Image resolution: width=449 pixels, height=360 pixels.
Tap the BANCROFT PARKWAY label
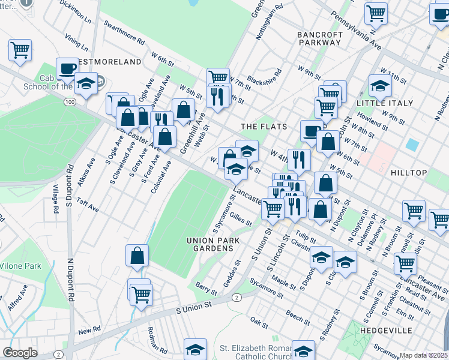pyautogui.click(x=320, y=39)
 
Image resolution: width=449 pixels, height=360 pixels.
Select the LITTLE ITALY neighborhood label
pyautogui.click(x=385, y=103)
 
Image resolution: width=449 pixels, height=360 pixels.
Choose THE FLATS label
pyautogui.click(x=264, y=127)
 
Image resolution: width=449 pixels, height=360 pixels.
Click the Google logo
pyautogui.click(x=20, y=353)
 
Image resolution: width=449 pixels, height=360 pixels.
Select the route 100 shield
pyautogui.click(x=71, y=103)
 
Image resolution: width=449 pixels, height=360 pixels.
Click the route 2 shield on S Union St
pyautogui.click(x=237, y=298)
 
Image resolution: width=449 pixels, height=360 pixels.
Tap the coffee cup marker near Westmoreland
pyautogui.click(x=67, y=68)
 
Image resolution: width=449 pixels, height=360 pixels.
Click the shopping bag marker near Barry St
pyautogui.click(x=137, y=255)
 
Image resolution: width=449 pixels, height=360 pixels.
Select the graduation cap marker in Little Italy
pyautogui.click(x=380, y=86)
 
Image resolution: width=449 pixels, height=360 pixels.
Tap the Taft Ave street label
pyautogui.click(x=88, y=205)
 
